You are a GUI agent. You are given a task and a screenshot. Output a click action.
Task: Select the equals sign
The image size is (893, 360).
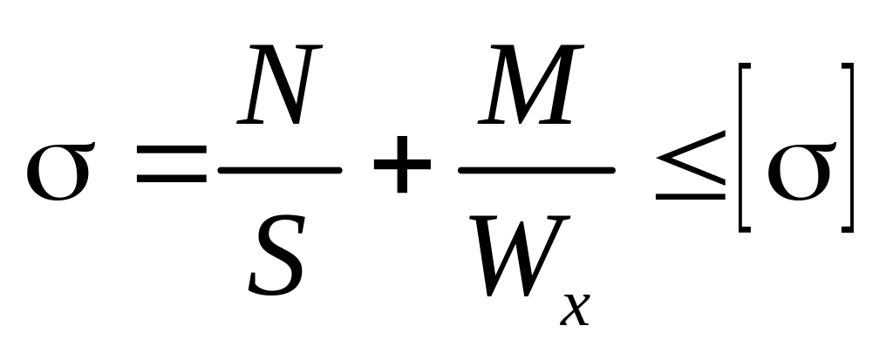(x=171, y=173)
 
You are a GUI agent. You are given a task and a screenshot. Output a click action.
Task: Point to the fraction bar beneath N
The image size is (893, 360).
(x=279, y=172)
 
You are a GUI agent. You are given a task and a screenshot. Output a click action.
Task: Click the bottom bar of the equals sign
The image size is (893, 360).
(x=171, y=184)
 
